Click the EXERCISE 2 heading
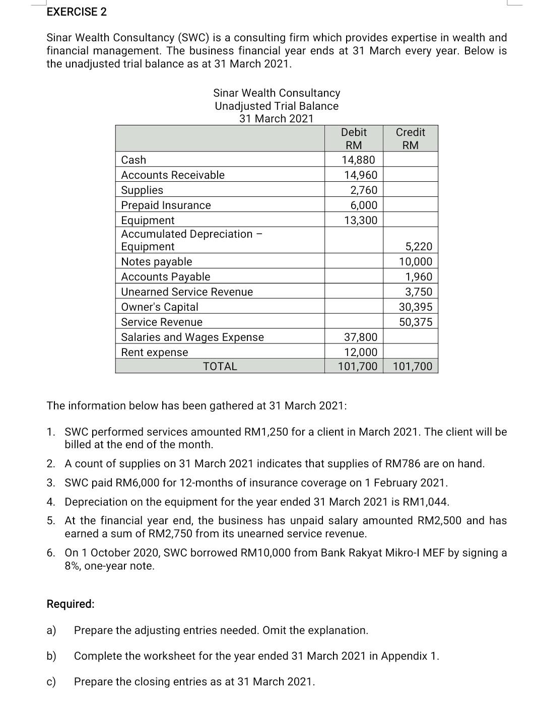click(77, 12)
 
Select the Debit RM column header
click(354, 138)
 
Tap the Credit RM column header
click(410, 138)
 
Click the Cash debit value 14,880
click(358, 160)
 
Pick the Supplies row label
click(142, 190)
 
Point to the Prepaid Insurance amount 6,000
click(364, 205)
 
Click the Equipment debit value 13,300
click(360, 221)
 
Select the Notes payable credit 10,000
click(415, 262)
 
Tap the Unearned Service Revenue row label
click(187, 292)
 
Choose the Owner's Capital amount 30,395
click(415, 307)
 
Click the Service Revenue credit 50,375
click(415, 322)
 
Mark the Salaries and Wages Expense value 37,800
click(360, 337)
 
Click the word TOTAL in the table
click(220, 367)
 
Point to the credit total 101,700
click(412, 367)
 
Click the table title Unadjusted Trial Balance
click(277, 106)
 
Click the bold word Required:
click(71, 604)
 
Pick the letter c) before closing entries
click(51, 682)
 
